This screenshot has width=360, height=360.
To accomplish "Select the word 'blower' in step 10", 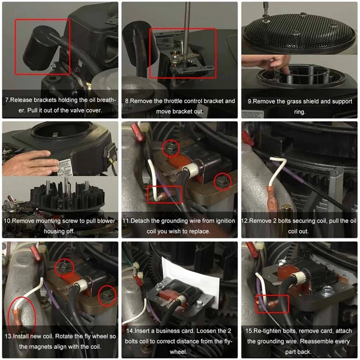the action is click(x=106, y=221).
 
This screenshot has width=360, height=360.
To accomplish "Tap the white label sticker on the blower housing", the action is click(x=64, y=167).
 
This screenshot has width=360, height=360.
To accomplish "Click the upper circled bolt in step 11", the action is click(x=171, y=148).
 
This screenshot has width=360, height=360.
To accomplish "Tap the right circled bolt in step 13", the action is click(x=107, y=296).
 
